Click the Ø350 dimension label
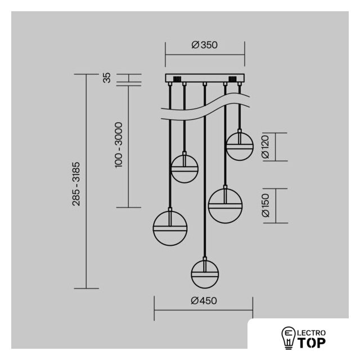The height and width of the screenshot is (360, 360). pyautogui.click(x=204, y=45)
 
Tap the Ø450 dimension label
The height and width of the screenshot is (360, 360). pyautogui.click(x=204, y=300)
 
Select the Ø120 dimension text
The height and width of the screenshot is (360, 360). pyautogui.click(x=265, y=147)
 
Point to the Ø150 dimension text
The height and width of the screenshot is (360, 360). pyautogui.click(x=265, y=205)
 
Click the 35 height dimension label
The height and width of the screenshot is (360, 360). pyautogui.click(x=107, y=78)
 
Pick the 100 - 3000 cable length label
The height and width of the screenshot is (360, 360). pyautogui.click(x=119, y=145)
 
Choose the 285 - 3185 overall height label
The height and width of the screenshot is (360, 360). pyautogui.click(x=76, y=184)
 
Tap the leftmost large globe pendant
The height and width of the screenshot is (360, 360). pyautogui.click(x=170, y=228)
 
